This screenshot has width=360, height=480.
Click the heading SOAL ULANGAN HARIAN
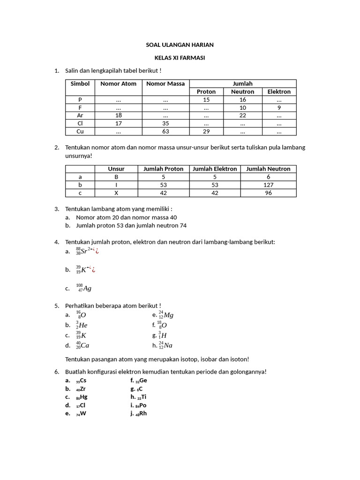point(180,45)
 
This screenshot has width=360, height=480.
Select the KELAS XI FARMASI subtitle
point(180,58)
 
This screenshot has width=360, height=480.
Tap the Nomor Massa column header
point(165,84)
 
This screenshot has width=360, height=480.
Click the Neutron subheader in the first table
point(242,92)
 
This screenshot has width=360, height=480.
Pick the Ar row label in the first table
point(80,115)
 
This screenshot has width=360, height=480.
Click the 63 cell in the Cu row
point(165,132)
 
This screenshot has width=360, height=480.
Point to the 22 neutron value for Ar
point(242,115)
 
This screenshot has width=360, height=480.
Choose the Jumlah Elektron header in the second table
point(215,169)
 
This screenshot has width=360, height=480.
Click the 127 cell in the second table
point(268,185)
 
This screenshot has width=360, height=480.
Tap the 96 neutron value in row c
point(268,193)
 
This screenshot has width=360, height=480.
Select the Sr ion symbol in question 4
point(84,251)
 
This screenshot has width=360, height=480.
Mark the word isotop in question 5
point(190,359)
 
